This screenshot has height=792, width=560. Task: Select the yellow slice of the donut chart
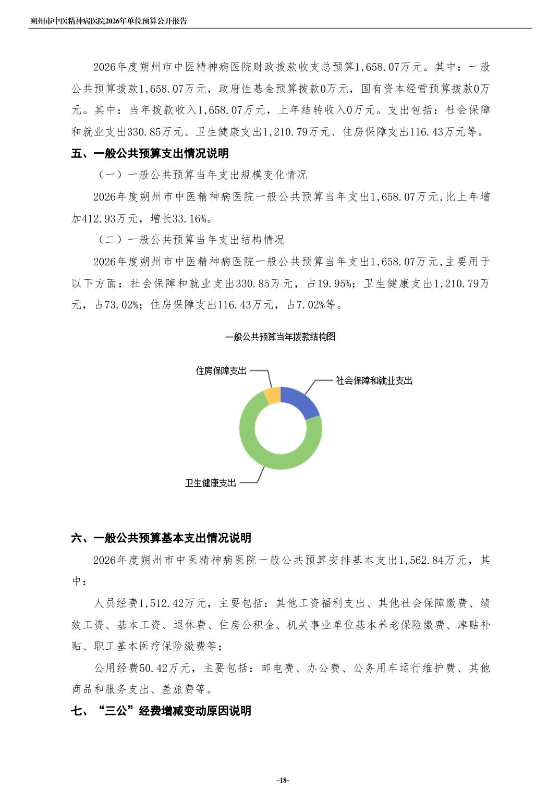tap(273, 395)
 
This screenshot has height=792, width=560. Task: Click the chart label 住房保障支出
tap(221, 371)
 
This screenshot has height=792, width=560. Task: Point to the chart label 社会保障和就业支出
tap(374, 381)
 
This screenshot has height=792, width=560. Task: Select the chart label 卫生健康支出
tap(211, 483)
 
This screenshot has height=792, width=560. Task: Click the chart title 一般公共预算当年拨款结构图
tap(280, 337)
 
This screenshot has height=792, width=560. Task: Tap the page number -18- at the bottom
tap(282, 780)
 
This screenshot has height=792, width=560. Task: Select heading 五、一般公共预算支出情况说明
tap(150, 154)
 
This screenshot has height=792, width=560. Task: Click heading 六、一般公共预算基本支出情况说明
tap(161, 538)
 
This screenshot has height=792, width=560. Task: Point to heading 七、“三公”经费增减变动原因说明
tap(161, 711)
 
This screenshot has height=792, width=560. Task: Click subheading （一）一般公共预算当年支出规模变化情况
tap(202, 175)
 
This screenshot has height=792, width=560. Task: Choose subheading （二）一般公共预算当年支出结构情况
tap(191, 240)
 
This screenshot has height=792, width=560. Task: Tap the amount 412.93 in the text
tap(99, 218)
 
